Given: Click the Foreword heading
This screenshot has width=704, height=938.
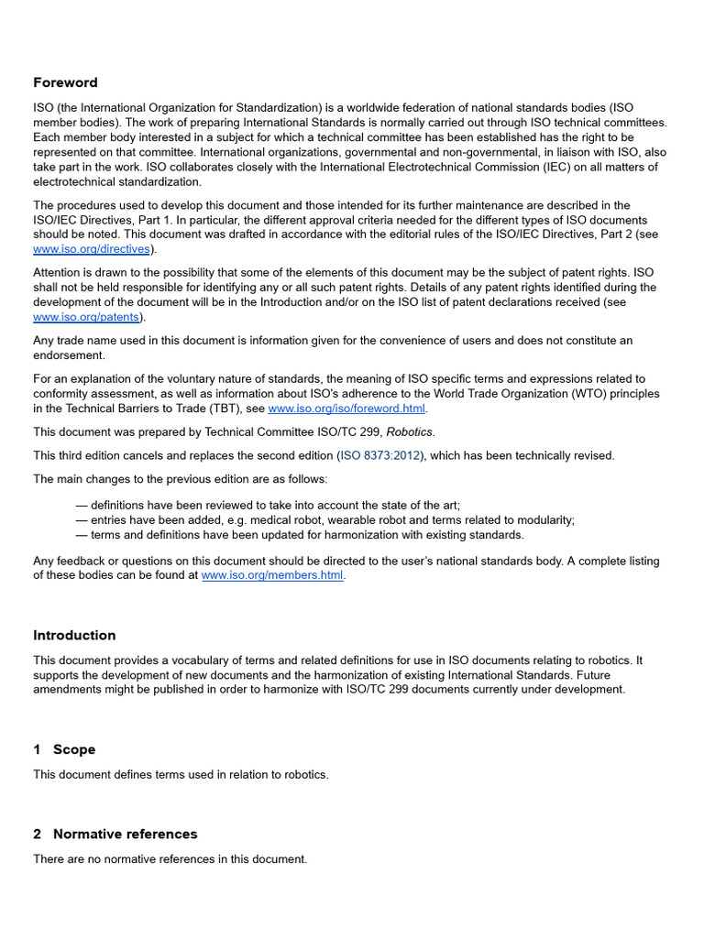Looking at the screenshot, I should coord(65,82).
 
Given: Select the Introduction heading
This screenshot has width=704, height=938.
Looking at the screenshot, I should coord(74,635).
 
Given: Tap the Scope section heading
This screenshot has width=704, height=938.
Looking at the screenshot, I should coord(74,749).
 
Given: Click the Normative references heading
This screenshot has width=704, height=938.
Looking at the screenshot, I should coord(125,834).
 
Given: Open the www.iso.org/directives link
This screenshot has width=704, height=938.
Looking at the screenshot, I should coord(92,248).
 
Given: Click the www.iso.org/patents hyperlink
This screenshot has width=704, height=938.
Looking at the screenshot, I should coord(86,317).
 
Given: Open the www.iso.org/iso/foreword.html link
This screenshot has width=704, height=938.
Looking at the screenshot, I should coord(346,409).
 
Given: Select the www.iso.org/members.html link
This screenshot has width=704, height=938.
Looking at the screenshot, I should coord(272,575).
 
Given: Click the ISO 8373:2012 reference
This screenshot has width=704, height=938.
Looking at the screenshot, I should coord(379,455).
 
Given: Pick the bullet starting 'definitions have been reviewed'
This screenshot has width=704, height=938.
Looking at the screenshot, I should coord(268,505).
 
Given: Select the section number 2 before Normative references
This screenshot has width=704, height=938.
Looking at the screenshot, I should coord(38,834).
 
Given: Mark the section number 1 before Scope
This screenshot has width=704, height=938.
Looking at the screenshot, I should coord(38,749).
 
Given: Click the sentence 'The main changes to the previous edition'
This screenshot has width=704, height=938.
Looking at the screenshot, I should coord(181,478).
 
